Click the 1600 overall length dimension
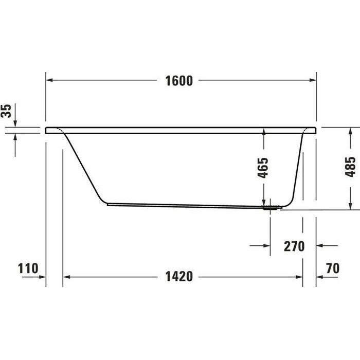tap(179, 81)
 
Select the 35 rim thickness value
tap(7, 111)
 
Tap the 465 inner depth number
tap(263, 167)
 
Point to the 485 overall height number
tap(351, 167)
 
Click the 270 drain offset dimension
tap(294, 246)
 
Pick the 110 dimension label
tap(28, 268)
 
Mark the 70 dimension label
tap(333, 268)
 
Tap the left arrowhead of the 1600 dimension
tap(50, 80)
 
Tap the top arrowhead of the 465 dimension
tap(263, 132)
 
